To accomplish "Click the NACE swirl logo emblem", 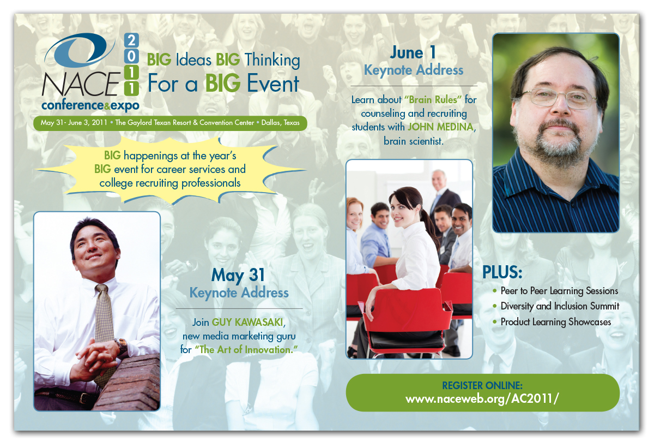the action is [x=79, y=50].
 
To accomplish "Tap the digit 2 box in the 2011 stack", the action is [x=131, y=40].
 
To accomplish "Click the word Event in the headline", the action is [x=272, y=84].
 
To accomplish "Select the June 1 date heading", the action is [x=413, y=52].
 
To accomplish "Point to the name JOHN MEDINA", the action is [x=441, y=127].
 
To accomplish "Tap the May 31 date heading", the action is [x=238, y=275].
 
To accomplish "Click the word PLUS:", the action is [x=502, y=272].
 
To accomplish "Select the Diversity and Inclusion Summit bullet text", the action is [x=560, y=306].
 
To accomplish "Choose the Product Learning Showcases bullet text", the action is [x=555, y=322].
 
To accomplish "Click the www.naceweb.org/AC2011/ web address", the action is [x=482, y=399].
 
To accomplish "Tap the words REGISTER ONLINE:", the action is [x=482, y=385].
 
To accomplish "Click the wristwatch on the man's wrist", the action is [x=121, y=345].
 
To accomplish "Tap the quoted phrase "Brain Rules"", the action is [x=433, y=100].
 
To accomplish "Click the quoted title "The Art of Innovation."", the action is [x=246, y=350].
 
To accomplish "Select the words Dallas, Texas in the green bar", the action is [x=280, y=123].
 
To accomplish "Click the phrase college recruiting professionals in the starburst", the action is [x=170, y=183].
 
